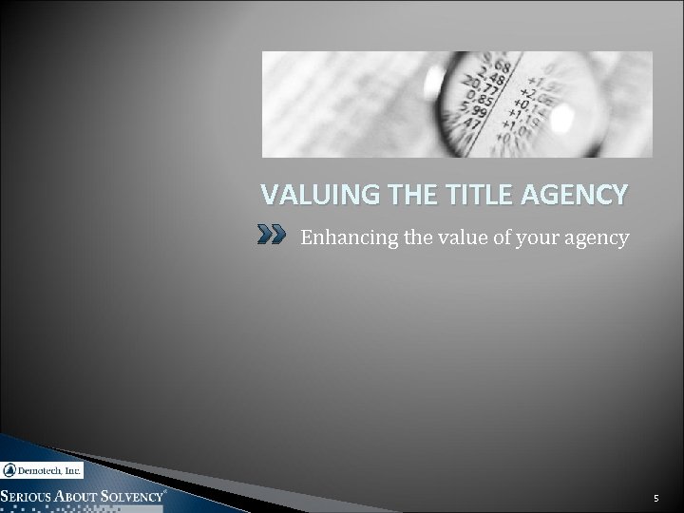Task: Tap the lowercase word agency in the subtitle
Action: click(x=598, y=237)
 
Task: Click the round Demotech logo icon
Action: click(x=9, y=469)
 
